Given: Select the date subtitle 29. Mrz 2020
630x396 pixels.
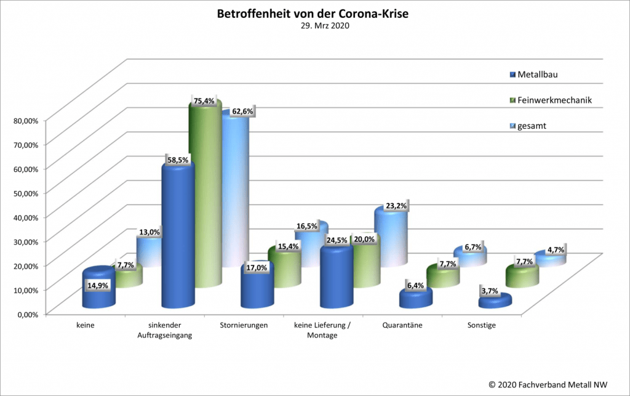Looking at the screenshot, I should [x=314, y=26].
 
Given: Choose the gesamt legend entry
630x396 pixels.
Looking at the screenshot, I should [x=532, y=126].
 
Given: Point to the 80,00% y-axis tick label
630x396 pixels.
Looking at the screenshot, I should [x=26, y=120].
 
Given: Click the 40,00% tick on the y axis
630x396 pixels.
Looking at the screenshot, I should [x=26, y=217].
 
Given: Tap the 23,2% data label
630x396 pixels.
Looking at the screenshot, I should [x=396, y=206].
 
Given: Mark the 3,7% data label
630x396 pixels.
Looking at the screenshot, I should [x=490, y=290].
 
